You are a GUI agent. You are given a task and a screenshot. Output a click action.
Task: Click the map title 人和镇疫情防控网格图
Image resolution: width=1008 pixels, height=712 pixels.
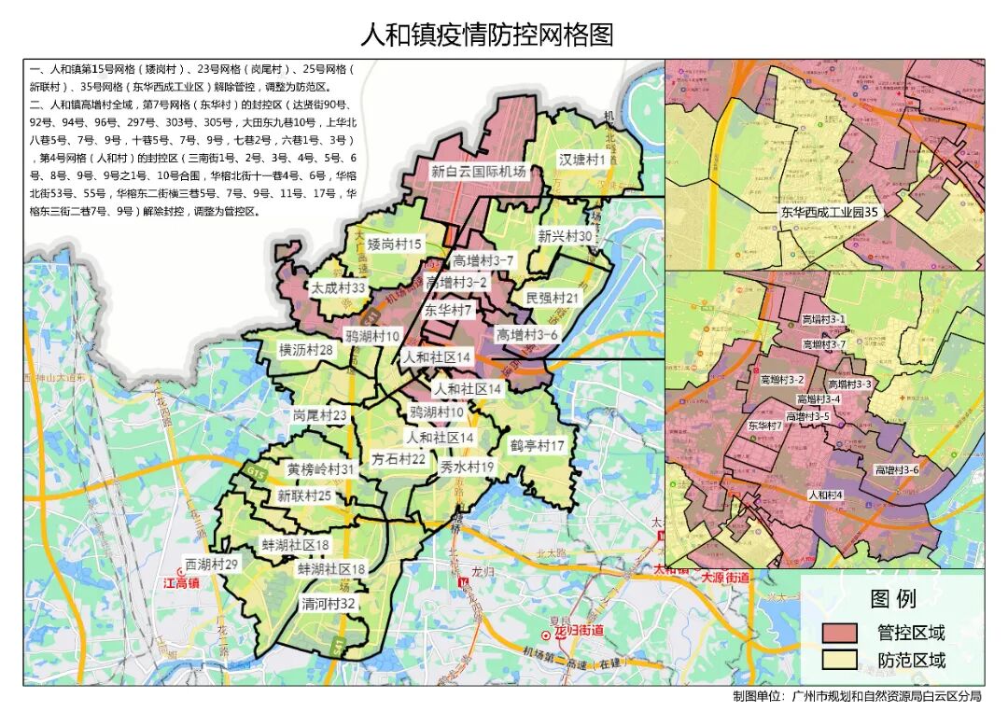click(x=487, y=35)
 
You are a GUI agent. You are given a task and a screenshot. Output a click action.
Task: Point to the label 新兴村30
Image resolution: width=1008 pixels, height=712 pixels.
click(x=565, y=237)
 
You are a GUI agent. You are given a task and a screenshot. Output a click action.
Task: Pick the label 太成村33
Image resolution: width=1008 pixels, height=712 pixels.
click(x=338, y=288)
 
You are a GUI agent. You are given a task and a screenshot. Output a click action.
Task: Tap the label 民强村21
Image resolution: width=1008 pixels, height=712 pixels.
click(x=553, y=298)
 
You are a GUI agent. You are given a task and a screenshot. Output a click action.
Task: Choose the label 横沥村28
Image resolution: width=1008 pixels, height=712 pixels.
click(x=306, y=350)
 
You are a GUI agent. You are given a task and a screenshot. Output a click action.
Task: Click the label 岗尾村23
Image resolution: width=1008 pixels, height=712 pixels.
click(x=319, y=415)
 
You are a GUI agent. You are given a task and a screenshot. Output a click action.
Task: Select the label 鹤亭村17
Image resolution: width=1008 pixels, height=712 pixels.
click(x=537, y=446)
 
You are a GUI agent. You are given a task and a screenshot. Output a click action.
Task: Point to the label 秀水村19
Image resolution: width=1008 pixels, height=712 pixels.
click(x=468, y=467)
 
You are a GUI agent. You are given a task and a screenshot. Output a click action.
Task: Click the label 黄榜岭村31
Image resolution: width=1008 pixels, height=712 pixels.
click(x=320, y=469)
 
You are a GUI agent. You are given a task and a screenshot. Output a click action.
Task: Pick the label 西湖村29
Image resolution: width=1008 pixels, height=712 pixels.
click(x=211, y=565)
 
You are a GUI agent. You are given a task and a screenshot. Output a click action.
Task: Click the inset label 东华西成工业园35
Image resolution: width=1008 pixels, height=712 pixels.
click(x=831, y=213)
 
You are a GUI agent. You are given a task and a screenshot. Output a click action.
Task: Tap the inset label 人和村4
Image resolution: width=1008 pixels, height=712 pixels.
click(x=825, y=496)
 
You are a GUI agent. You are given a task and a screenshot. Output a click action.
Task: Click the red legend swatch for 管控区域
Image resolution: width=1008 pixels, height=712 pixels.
click(x=839, y=633)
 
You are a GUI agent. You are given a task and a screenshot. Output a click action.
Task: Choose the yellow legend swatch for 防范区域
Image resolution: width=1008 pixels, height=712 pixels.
click(x=839, y=661)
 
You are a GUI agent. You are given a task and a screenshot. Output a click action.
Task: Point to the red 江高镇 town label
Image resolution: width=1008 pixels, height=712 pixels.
click(x=182, y=583)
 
